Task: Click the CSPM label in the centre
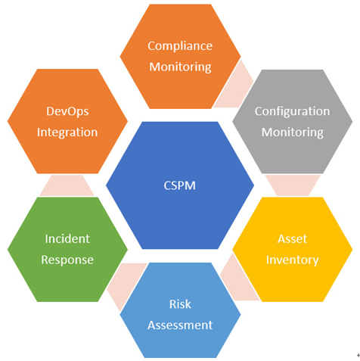pos(180,185)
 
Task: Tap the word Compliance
pos(180,46)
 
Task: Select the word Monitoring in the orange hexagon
pos(180,67)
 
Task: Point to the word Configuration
pos(292,112)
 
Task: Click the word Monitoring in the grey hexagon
pos(293,132)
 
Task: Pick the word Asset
pos(293,239)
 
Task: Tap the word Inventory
pos(293,260)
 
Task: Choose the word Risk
pos(180,304)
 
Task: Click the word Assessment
pos(180,325)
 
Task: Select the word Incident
pos(67,239)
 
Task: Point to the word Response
pos(67,260)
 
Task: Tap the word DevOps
pos(67,112)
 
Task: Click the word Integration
pos(67,132)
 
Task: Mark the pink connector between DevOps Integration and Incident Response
pos(67,185)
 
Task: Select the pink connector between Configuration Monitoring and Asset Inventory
pos(293,185)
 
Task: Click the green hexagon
pos(67,250)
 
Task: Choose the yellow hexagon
pos(293,250)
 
